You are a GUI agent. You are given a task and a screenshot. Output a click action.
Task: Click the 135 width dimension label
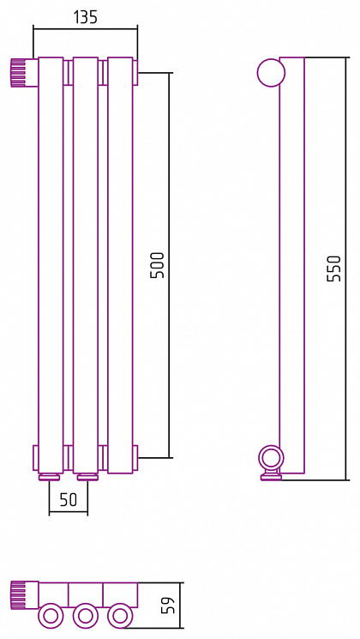coord(86,17)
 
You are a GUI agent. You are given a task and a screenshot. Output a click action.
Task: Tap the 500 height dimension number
coord(158,265)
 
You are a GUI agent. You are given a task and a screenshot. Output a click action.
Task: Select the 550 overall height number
coord(333,268)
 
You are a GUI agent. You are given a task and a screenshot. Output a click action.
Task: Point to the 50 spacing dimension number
coord(68,500)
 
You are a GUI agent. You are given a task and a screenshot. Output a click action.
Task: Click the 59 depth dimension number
coord(169,606)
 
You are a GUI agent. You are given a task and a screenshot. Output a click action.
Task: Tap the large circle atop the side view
coord(271,73)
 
